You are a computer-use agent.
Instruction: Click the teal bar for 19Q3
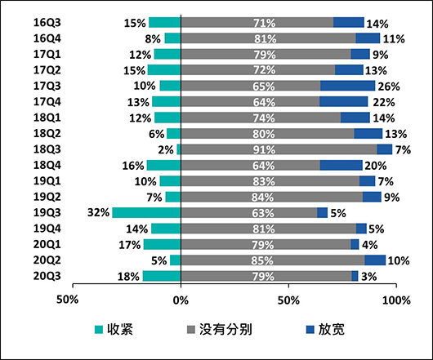pos(146,213)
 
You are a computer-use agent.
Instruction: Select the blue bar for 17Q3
pos(347,86)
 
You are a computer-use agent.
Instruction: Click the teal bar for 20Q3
pos(162,276)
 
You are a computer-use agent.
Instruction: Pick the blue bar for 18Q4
pos(341,164)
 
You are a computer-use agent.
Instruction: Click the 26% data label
pos(387,86)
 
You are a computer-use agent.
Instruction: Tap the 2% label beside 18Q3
pos(165,149)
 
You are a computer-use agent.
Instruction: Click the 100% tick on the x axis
pos(397,299)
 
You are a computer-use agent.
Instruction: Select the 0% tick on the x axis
pos(181,299)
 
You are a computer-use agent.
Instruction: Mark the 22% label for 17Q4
pos(381,101)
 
